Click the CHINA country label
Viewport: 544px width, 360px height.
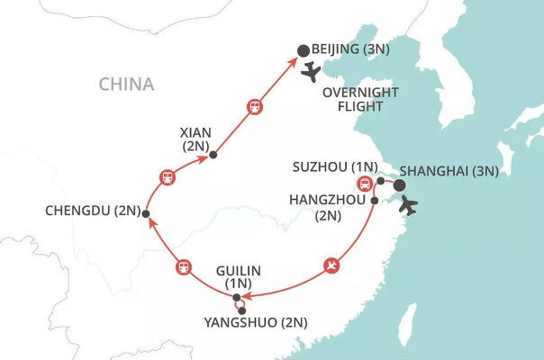tap(127, 85)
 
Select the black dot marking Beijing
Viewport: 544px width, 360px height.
tap(304, 51)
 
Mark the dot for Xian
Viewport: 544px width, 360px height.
tap(213, 155)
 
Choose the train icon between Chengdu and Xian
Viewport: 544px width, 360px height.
tap(166, 176)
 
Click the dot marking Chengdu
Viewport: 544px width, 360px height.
tap(145, 213)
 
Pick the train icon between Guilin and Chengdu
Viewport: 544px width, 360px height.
tap(183, 266)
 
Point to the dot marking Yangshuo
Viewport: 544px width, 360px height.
tap(241, 311)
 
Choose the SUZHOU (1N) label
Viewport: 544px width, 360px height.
tap(334, 167)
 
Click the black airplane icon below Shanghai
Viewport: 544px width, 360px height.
tap(408, 206)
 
